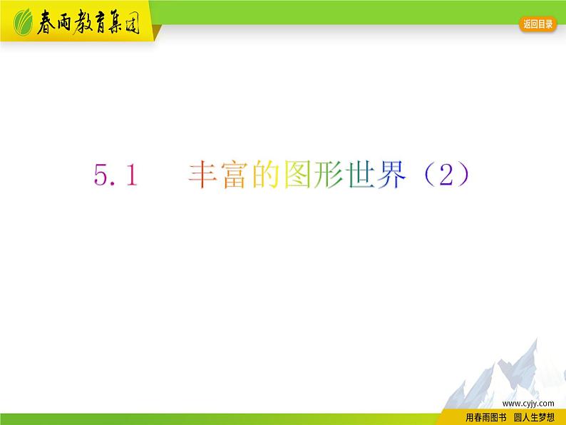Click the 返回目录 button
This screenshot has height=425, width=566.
pyautogui.click(x=538, y=24)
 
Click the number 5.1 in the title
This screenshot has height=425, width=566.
pyautogui.click(x=115, y=175)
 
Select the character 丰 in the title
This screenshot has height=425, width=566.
pyautogui.click(x=202, y=175)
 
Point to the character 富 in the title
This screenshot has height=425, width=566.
pyautogui.click(x=232, y=175)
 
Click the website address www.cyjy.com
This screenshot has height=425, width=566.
pyautogui.click(x=528, y=403)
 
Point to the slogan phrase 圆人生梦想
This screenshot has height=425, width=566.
pyautogui.click(x=534, y=418)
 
